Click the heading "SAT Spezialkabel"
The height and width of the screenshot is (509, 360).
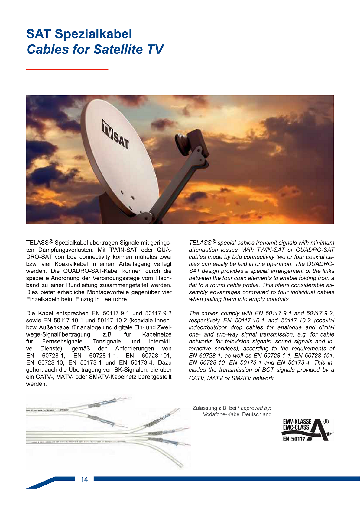point(79,34)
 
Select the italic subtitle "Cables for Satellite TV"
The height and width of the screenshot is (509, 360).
point(95,50)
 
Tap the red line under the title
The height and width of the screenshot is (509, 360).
point(67,69)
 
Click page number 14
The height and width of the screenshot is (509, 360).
point(84,479)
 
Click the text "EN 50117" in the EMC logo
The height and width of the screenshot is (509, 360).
point(294,439)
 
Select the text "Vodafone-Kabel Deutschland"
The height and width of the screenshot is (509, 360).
point(237,414)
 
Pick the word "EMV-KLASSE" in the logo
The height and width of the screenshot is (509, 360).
point(297,422)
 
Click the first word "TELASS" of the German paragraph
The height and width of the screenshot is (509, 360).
point(37,243)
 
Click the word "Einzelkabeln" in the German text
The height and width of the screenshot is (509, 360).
point(42,299)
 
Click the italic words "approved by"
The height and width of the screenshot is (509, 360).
point(255,408)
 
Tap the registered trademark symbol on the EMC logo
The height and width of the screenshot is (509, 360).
point(326,422)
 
